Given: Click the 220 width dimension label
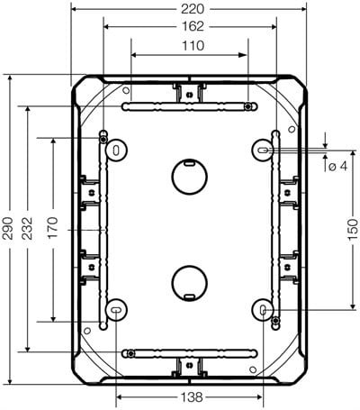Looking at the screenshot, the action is click(x=193, y=9).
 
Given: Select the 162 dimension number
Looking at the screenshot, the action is click(x=193, y=27).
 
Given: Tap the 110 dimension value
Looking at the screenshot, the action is click(x=193, y=46).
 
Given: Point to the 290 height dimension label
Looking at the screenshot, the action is click(x=8, y=228).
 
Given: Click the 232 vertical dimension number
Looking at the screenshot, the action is click(x=27, y=228).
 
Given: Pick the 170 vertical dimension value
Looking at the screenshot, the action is click(x=53, y=228).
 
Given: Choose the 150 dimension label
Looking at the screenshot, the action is click(x=353, y=230).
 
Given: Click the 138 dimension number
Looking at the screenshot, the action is click(x=192, y=397).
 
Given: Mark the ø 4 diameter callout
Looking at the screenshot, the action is click(x=337, y=166).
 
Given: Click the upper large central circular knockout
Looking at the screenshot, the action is click(x=190, y=177).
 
